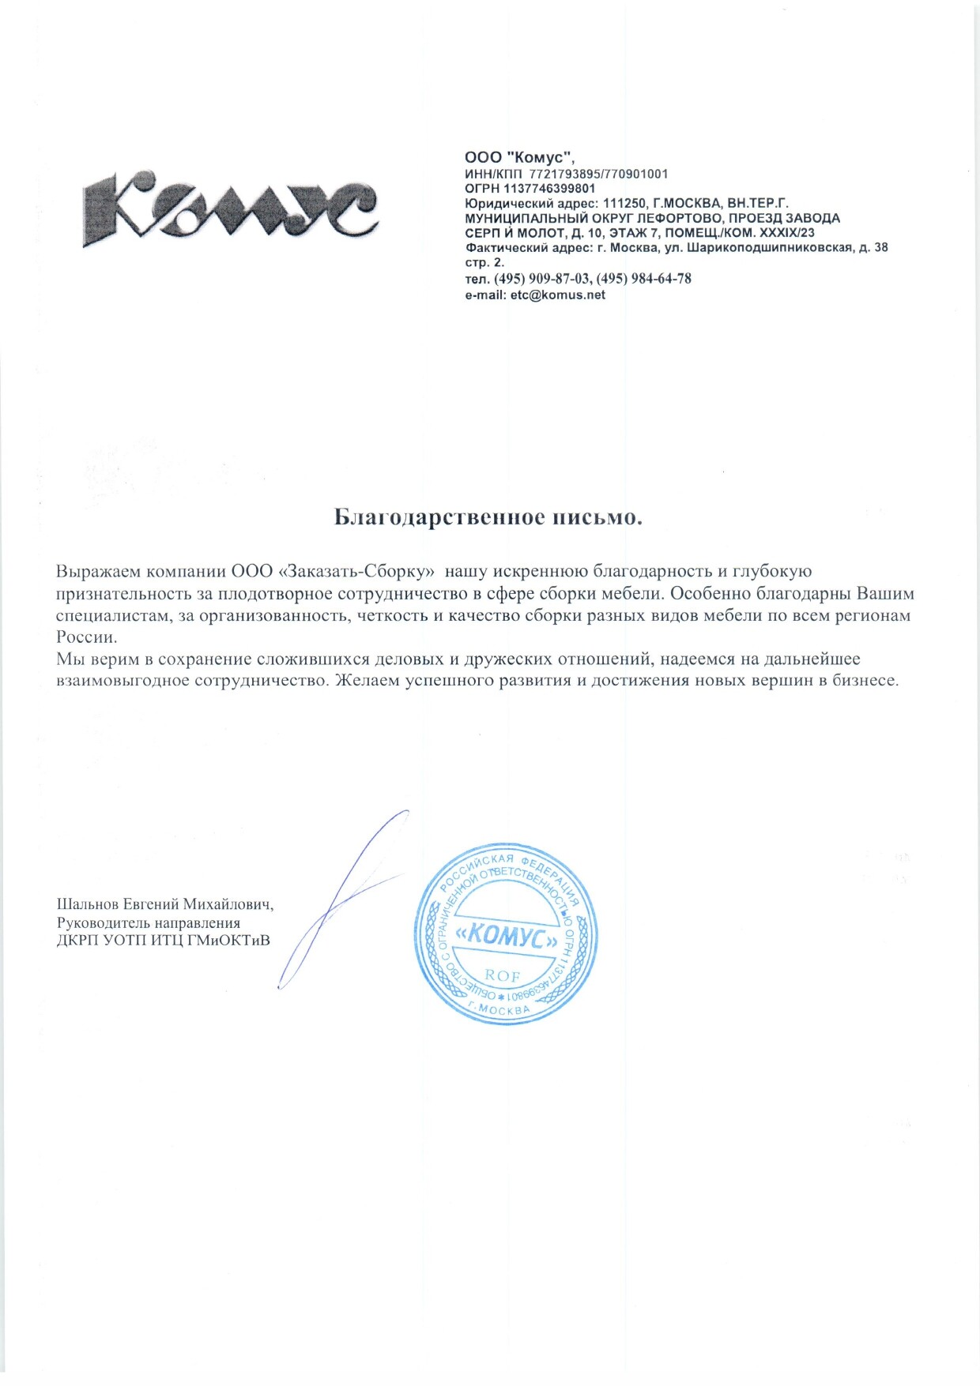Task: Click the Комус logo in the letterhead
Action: point(229,206)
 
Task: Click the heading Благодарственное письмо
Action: point(488,517)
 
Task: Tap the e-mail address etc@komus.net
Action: point(557,295)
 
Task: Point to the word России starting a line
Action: point(86,637)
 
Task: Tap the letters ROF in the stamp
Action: point(503,976)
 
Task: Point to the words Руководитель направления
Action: point(149,922)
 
